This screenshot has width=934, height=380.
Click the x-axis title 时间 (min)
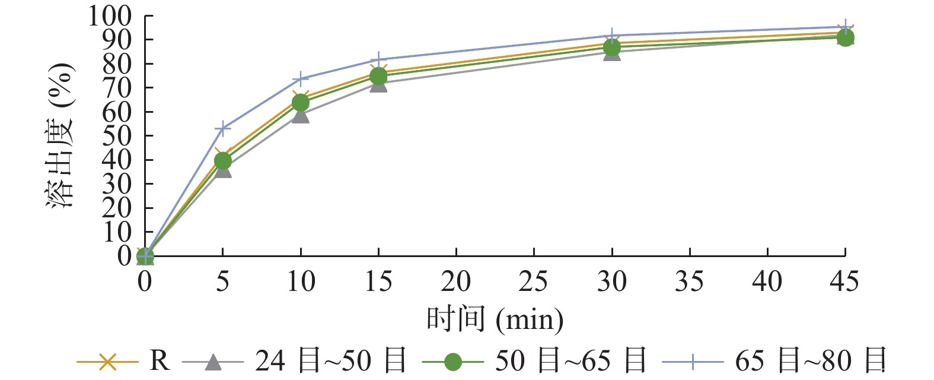point(495,319)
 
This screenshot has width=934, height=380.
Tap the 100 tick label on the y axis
point(110,16)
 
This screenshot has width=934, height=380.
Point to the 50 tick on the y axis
point(117,136)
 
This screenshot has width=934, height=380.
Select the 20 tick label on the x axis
point(455,281)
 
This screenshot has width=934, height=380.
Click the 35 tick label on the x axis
point(689,281)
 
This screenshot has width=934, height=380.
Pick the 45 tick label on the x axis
point(844,281)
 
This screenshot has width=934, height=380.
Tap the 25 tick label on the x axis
point(533,281)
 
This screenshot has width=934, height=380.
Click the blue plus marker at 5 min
point(222,128)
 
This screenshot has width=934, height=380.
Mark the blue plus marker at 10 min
point(301,79)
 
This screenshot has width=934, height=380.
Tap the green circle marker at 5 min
point(222,161)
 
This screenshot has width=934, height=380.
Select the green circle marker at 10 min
point(301,103)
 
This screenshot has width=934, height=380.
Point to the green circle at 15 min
point(378,76)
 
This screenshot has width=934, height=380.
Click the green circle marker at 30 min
point(611,47)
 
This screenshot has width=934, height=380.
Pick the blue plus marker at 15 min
point(378,60)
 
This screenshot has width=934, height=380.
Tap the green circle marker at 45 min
point(845,38)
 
